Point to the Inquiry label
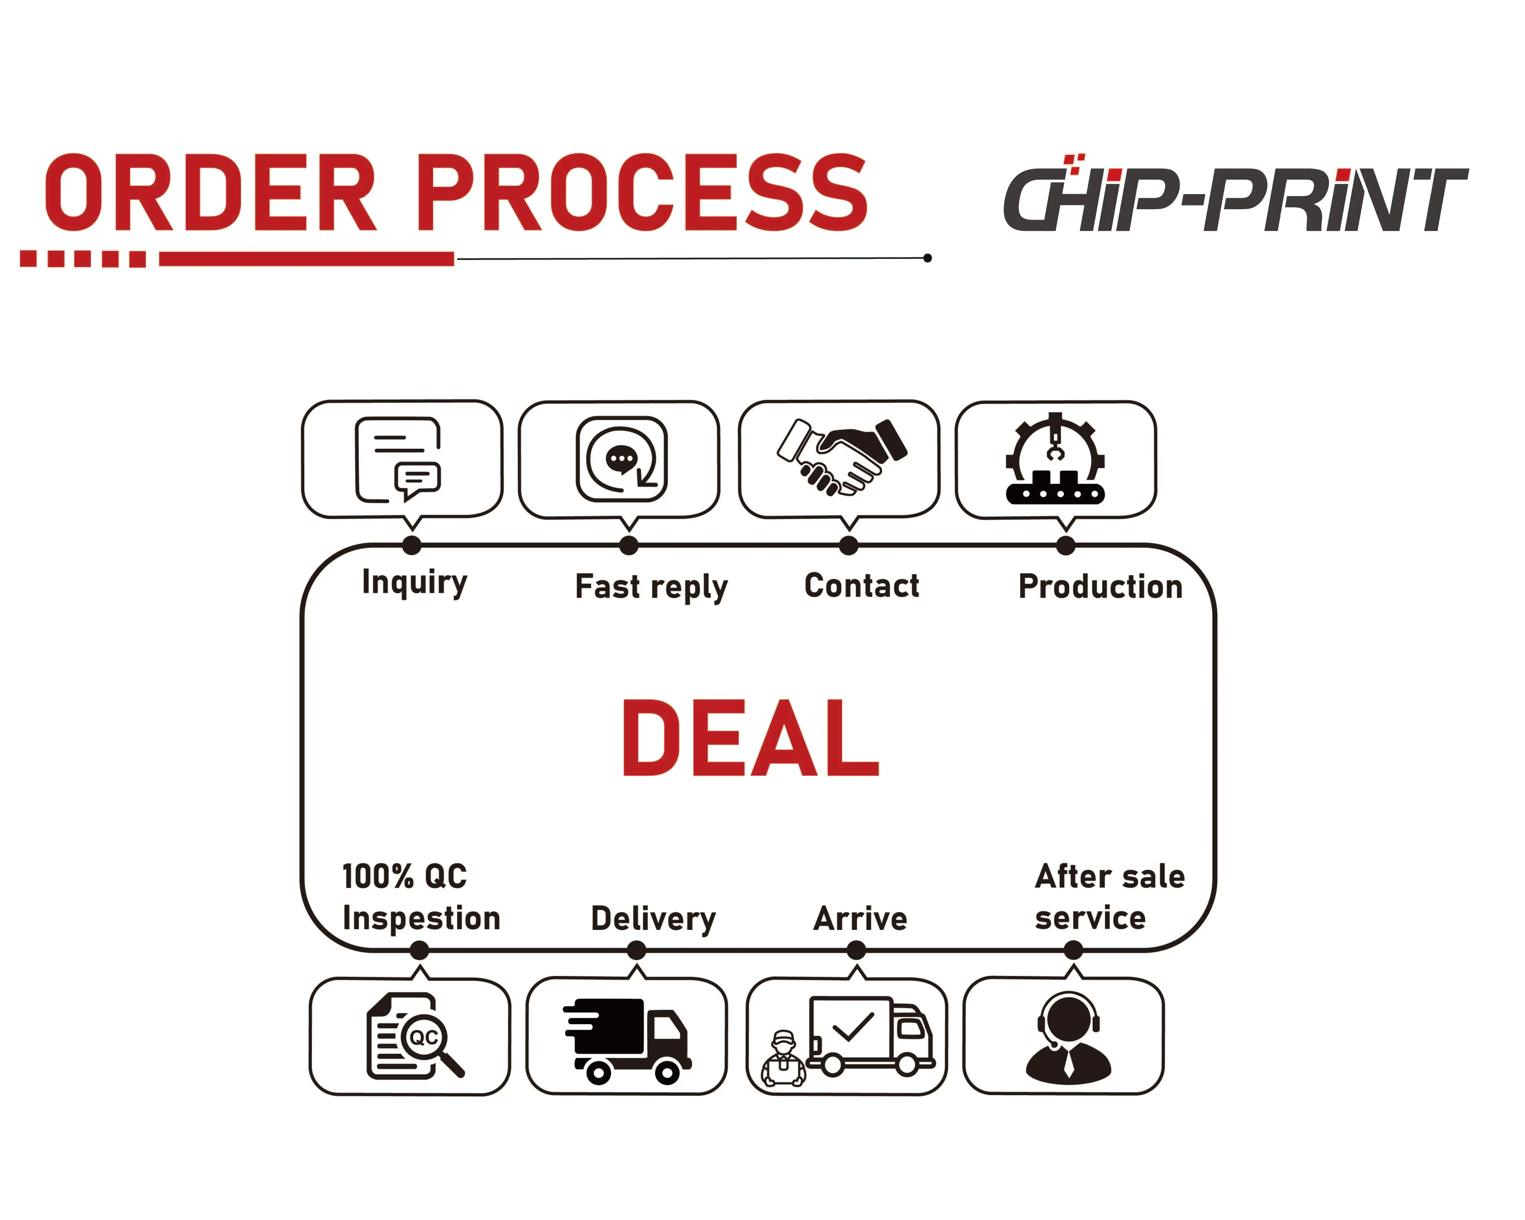414,583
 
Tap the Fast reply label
651,587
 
